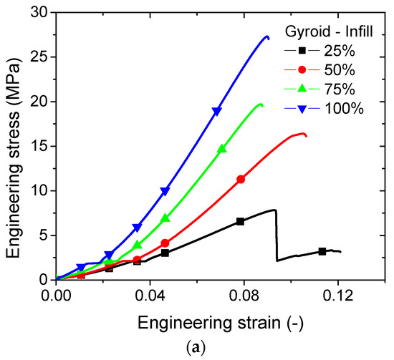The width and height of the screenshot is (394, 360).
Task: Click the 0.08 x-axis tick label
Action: (x=244, y=294)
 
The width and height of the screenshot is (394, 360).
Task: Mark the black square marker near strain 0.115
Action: (x=322, y=251)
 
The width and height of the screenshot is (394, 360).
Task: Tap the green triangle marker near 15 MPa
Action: (x=221, y=150)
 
